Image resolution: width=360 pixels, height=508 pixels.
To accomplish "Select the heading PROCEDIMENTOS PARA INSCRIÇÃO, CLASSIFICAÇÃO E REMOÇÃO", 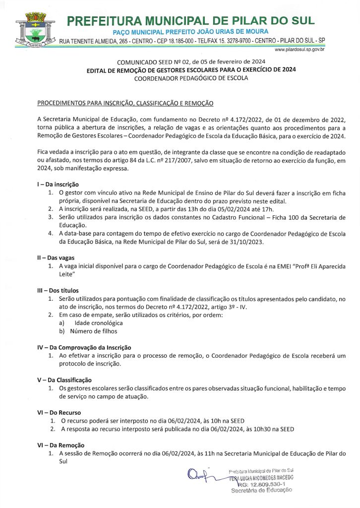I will point(125,103).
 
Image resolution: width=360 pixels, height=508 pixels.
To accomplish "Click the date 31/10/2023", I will point(250,242).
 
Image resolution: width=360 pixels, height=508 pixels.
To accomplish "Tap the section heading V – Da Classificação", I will point(64,380).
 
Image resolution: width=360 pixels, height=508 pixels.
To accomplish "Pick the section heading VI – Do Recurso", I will point(59,412).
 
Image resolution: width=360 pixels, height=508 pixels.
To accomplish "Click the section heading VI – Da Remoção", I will point(61,445).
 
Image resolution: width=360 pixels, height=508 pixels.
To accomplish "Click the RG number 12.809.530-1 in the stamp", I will point(263,484).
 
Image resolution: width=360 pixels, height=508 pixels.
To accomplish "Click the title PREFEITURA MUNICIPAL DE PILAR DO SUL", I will point(190,21).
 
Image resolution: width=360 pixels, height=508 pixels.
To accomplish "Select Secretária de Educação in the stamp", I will point(261,490).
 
